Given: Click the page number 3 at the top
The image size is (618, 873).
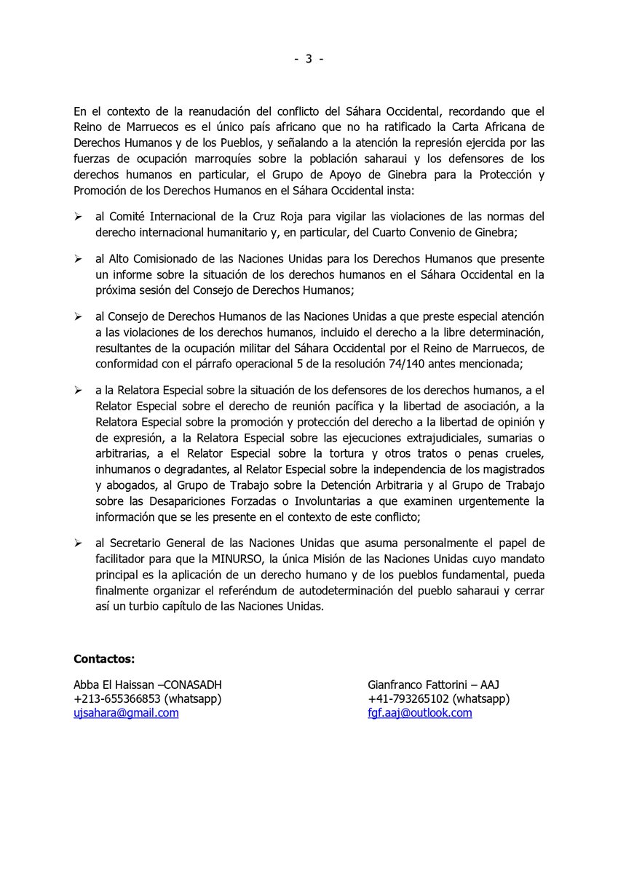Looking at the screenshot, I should [x=309, y=60].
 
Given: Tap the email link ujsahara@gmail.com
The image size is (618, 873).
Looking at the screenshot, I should [x=126, y=714].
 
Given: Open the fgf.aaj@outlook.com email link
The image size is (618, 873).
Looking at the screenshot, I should [x=420, y=714].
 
